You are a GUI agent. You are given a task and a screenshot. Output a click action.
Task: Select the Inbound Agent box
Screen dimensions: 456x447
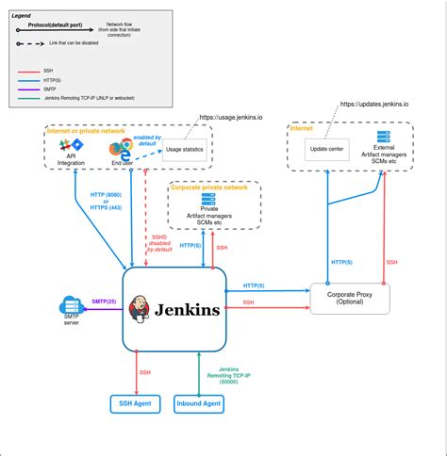point(200,404)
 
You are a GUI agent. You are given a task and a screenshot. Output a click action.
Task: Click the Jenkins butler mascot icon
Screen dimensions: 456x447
point(141,307)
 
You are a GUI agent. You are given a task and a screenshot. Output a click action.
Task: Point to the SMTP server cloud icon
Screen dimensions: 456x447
point(70,306)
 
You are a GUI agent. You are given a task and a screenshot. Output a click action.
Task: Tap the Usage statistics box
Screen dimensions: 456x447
point(185,150)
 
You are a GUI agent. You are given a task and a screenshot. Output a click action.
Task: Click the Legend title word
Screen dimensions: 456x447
point(20,16)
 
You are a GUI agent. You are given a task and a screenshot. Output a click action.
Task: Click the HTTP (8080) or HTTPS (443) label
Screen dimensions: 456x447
point(106,201)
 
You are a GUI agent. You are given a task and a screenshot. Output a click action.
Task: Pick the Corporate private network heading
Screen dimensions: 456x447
point(210,187)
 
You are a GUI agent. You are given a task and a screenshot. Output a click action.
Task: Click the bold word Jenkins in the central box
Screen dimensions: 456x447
point(189,309)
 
